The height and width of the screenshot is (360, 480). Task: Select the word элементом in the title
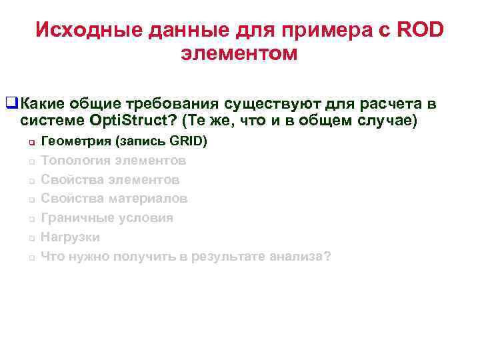[239, 54]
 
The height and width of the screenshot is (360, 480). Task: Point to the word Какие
[43, 103]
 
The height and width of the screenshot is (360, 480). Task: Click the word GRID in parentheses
[189, 141]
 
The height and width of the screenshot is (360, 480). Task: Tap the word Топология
[75, 161]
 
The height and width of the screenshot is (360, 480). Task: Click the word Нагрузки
[70, 237]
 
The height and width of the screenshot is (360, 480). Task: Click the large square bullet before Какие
[11, 103]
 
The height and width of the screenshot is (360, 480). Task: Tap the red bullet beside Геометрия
[31, 143]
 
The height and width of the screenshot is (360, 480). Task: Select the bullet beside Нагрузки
[31, 238]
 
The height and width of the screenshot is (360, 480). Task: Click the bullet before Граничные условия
[31, 219]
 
